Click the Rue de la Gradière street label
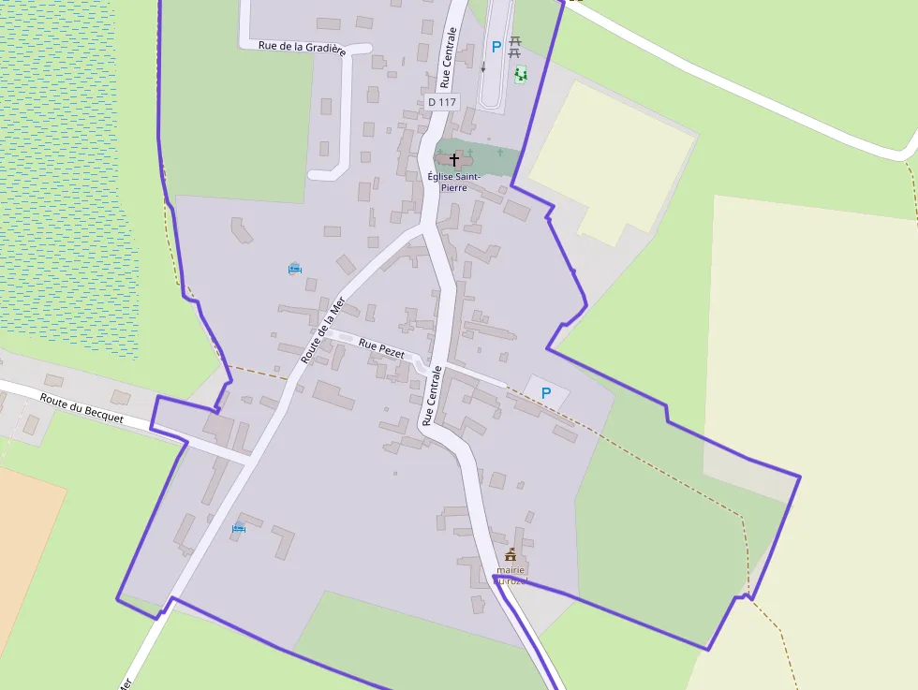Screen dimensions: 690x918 click(x=302, y=47)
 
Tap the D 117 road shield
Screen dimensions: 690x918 click(x=441, y=101)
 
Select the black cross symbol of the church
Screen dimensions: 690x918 click(x=454, y=160)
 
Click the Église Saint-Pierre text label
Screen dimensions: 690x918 click(x=454, y=182)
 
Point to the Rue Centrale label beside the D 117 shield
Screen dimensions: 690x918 click(x=449, y=56)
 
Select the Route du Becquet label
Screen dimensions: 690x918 click(x=81, y=408)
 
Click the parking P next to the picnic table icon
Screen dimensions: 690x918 click(x=496, y=47)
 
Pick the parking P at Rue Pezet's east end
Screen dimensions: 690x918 click(x=546, y=394)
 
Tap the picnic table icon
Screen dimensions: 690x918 click(x=514, y=46)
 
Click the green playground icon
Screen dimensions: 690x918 click(x=520, y=73)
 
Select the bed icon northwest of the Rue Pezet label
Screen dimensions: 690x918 click(x=295, y=269)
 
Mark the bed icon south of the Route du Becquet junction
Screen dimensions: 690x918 click(x=239, y=528)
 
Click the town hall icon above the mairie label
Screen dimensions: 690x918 click(x=511, y=554)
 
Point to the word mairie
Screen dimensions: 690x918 click(x=511, y=569)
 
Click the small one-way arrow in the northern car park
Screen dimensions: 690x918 click(x=483, y=67)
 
